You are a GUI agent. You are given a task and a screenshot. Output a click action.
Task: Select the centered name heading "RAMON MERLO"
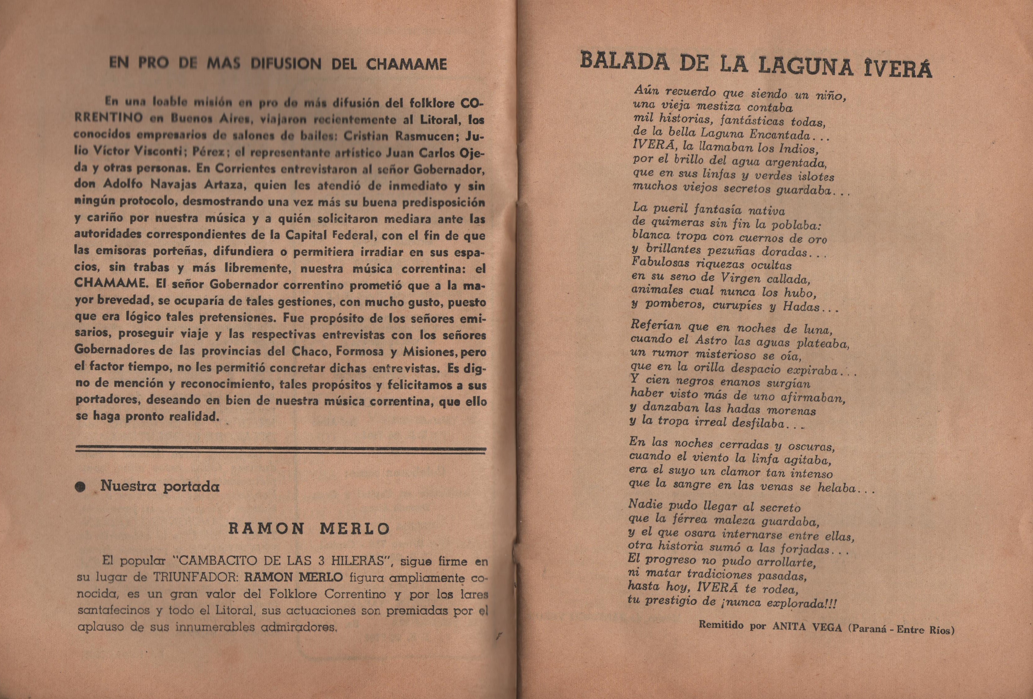tap(309, 529)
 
